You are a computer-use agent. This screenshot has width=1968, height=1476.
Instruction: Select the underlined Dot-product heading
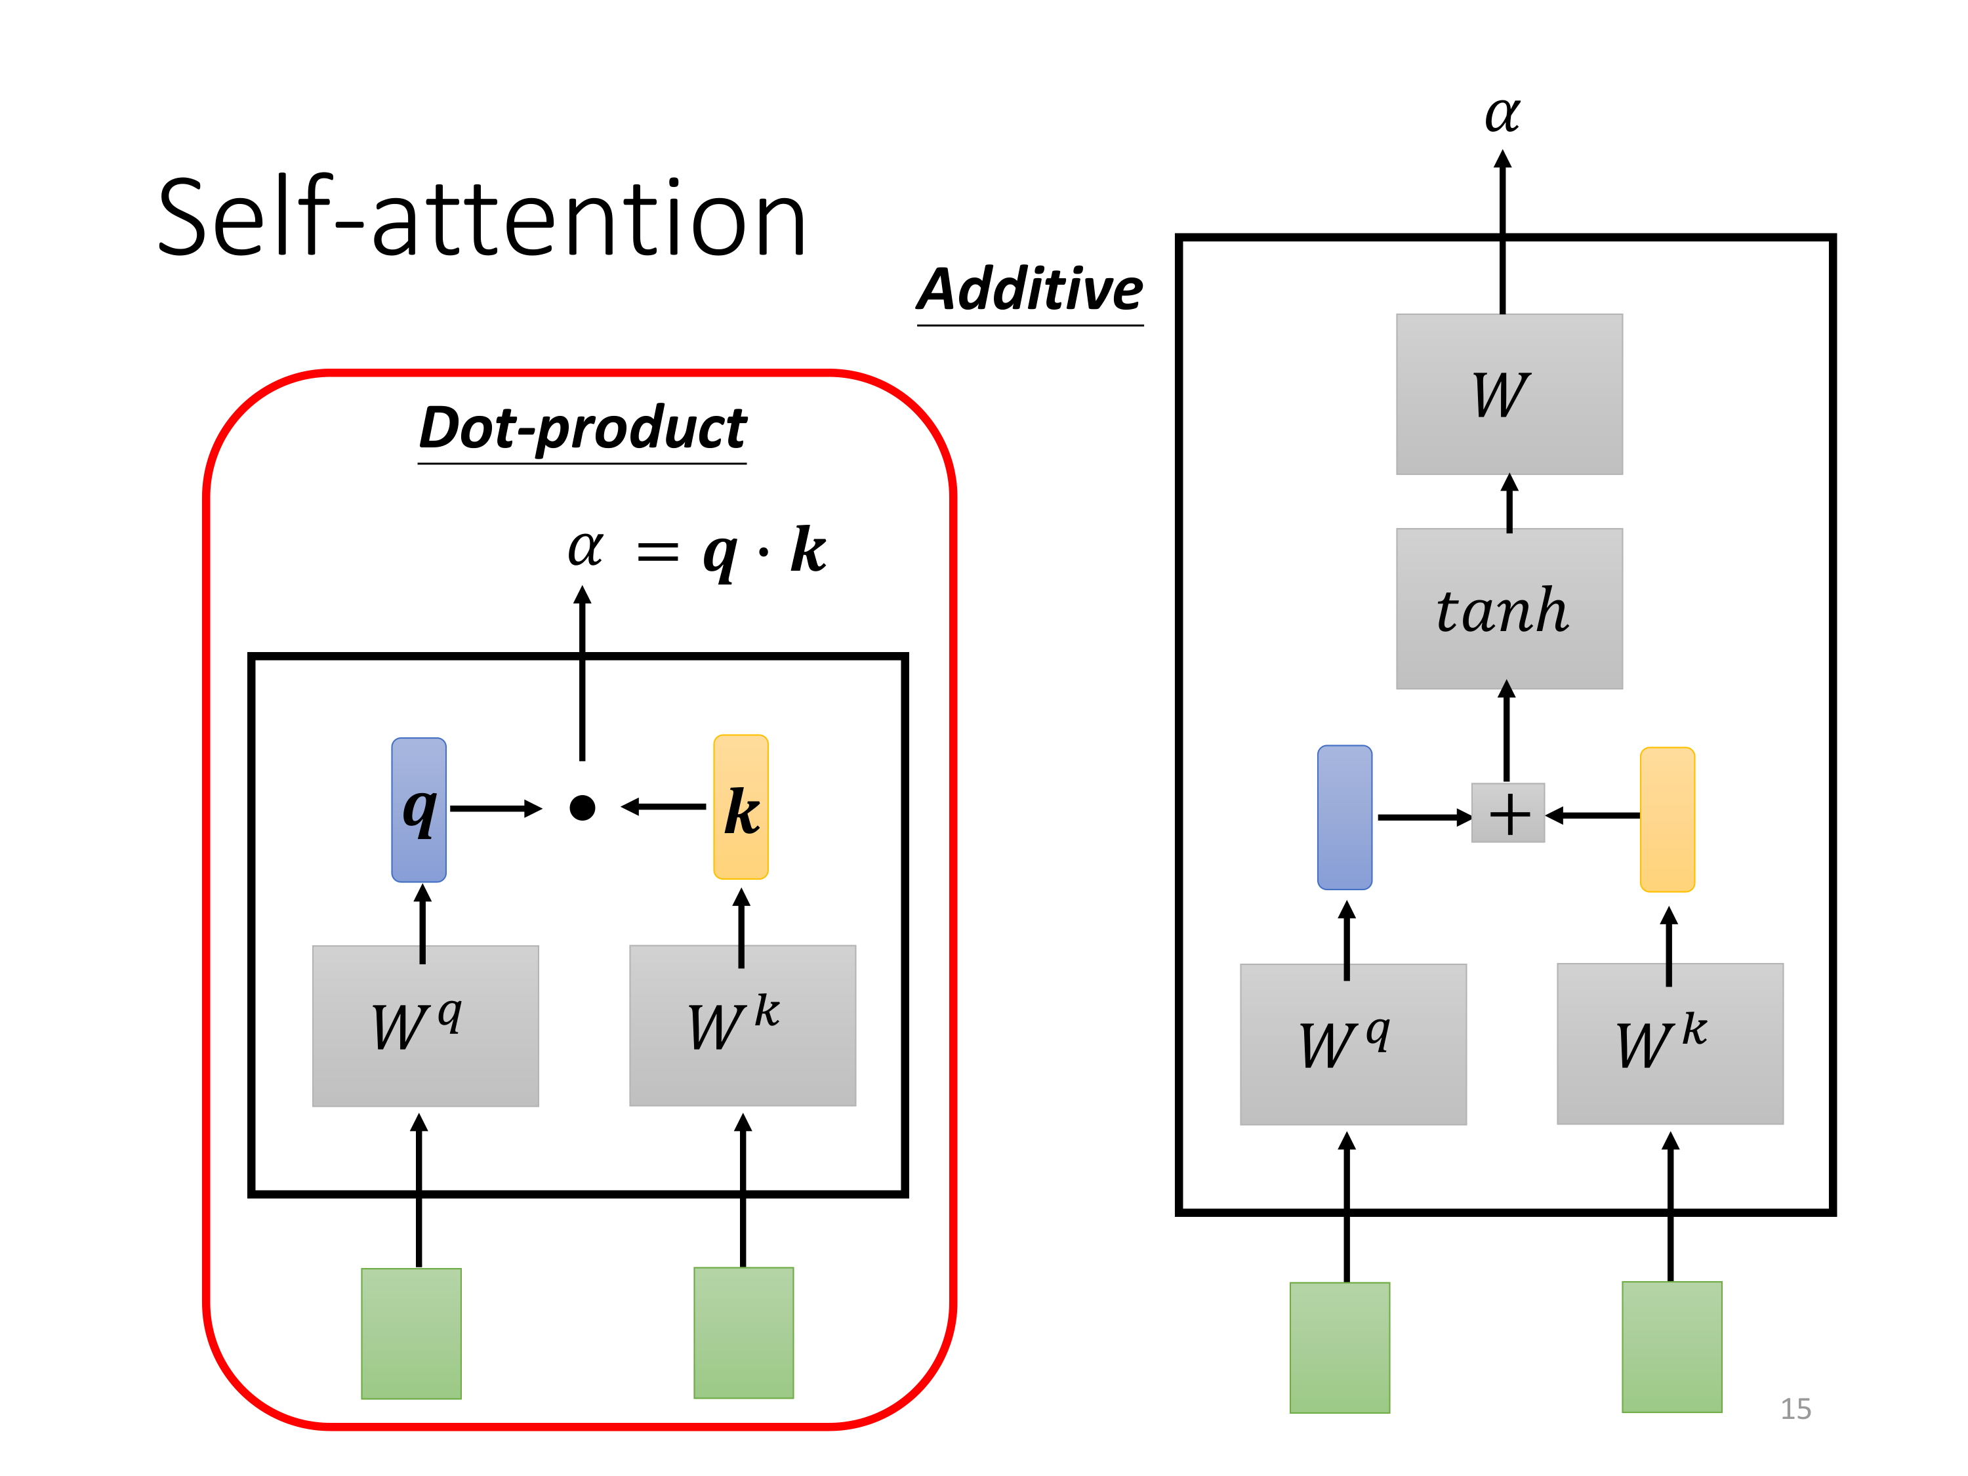pyautogui.click(x=582, y=429)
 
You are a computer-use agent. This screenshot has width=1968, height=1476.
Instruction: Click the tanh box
pyautogui.click(x=1508, y=609)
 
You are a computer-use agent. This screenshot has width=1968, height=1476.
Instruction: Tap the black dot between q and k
pyautogui.click(x=582, y=807)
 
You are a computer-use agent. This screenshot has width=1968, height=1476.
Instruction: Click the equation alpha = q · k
pyautogui.click(x=697, y=550)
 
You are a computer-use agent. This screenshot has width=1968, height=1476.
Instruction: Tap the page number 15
pyautogui.click(x=1795, y=1408)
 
